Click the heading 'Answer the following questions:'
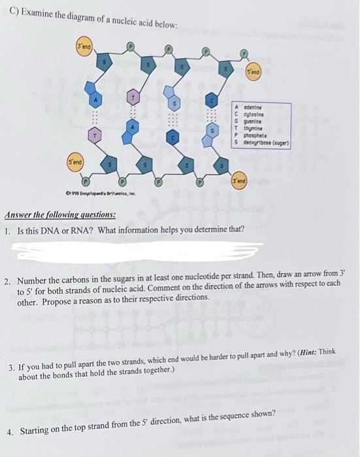click(x=61, y=214)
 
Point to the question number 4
click(x=10, y=432)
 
